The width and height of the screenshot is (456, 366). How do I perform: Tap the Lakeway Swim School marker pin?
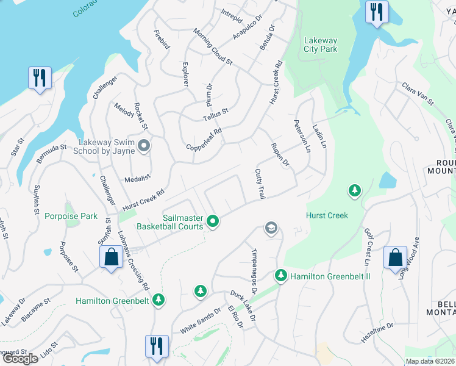[x=144, y=145]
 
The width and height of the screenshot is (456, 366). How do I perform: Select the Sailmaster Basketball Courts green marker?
[x=212, y=221]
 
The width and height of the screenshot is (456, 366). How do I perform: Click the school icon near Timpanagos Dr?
[x=271, y=228]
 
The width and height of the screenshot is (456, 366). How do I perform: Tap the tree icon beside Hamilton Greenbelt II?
[x=280, y=276]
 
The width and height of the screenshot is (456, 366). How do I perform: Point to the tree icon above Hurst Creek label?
[x=354, y=192]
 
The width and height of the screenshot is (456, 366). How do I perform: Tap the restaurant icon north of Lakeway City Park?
[x=376, y=12]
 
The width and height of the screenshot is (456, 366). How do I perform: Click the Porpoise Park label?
[x=71, y=216]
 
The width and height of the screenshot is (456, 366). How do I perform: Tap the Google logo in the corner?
[x=20, y=359]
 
